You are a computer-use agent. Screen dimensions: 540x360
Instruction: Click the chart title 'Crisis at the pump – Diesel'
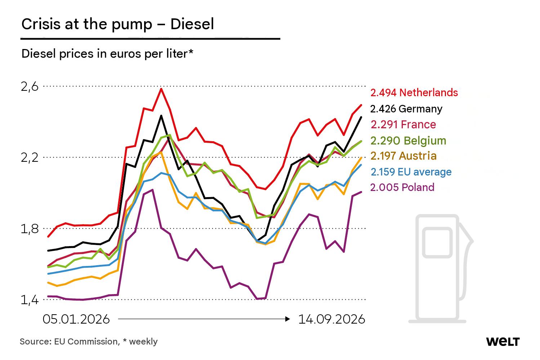118,25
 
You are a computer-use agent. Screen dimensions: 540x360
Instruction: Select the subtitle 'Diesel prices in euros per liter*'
107,54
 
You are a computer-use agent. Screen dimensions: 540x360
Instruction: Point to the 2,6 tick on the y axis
30,87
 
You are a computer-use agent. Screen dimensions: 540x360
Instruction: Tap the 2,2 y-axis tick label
30,158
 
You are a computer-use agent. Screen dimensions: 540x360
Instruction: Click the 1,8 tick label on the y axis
30,229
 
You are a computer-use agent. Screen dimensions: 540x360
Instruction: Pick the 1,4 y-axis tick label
30,300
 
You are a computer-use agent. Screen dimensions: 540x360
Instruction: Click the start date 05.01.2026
76,319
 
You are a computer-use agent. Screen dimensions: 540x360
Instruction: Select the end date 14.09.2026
332,319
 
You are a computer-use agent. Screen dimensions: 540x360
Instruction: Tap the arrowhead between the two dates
287,319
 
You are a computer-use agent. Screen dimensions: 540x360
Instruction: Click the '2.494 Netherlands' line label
414,93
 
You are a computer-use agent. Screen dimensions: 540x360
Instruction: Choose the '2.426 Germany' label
406,109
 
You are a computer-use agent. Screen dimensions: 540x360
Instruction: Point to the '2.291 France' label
403,125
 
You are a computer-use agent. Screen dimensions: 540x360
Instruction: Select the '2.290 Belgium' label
409,141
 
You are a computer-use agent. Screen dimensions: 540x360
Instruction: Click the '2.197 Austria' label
403,156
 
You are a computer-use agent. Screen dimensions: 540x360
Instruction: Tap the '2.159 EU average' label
411,172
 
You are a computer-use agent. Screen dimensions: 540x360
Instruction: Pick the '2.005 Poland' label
402,187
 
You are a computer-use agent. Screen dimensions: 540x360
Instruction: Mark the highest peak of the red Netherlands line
161,89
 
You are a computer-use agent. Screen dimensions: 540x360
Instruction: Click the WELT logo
503,342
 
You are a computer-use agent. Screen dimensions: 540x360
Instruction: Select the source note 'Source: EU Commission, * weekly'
89,342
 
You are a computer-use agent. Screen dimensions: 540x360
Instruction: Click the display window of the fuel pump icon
437,243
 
